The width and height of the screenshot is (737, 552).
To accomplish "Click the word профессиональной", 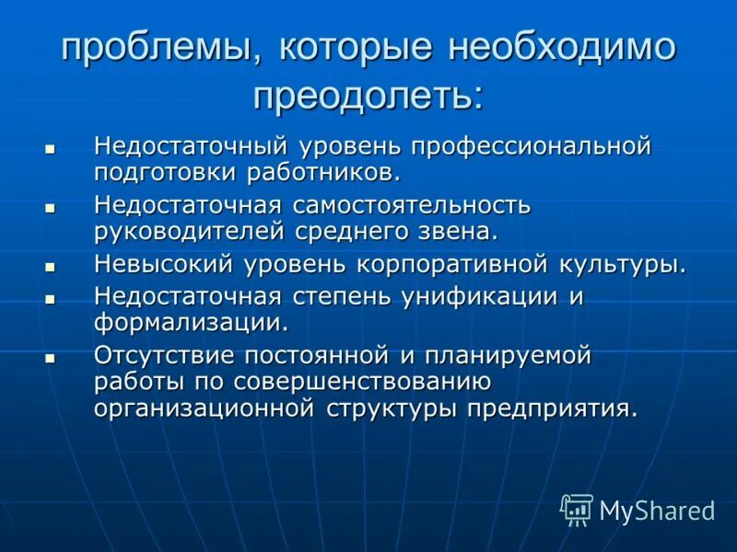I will (532, 146).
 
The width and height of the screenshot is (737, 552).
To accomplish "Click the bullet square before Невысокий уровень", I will (51, 266).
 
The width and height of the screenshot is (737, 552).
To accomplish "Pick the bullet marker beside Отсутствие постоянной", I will (51, 357).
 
